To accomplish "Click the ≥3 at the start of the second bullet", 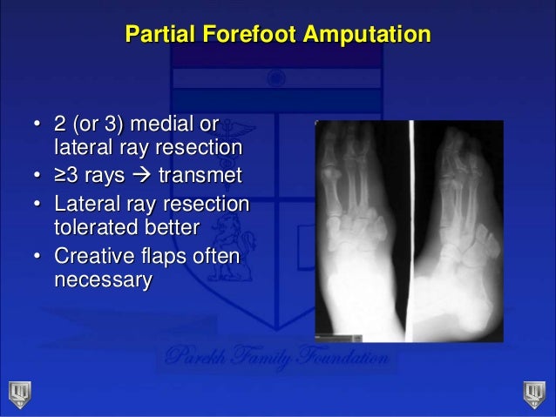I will [x=66, y=178].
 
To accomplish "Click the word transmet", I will [x=196, y=178].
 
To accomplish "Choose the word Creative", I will [x=94, y=259].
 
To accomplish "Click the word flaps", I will [x=170, y=259].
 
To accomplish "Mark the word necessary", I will [x=102, y=280].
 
